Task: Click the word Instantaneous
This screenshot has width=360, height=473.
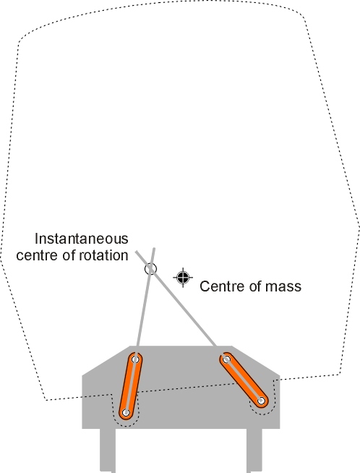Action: (82, 239)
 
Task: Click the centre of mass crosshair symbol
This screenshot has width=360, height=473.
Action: (183, 278)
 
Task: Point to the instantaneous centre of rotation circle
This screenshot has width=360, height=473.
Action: (151, 269)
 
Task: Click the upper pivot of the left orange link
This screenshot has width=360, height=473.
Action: (135, 359)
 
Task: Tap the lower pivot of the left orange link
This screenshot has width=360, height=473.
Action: (126, 412)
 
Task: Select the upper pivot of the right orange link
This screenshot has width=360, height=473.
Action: (226, 359)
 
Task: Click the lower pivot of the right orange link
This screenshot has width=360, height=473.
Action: (261, 401)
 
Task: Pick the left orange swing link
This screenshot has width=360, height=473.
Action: (131, 385)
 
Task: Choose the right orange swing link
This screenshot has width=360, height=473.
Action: (244, 380)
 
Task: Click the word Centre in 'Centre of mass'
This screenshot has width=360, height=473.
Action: (219, 286)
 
